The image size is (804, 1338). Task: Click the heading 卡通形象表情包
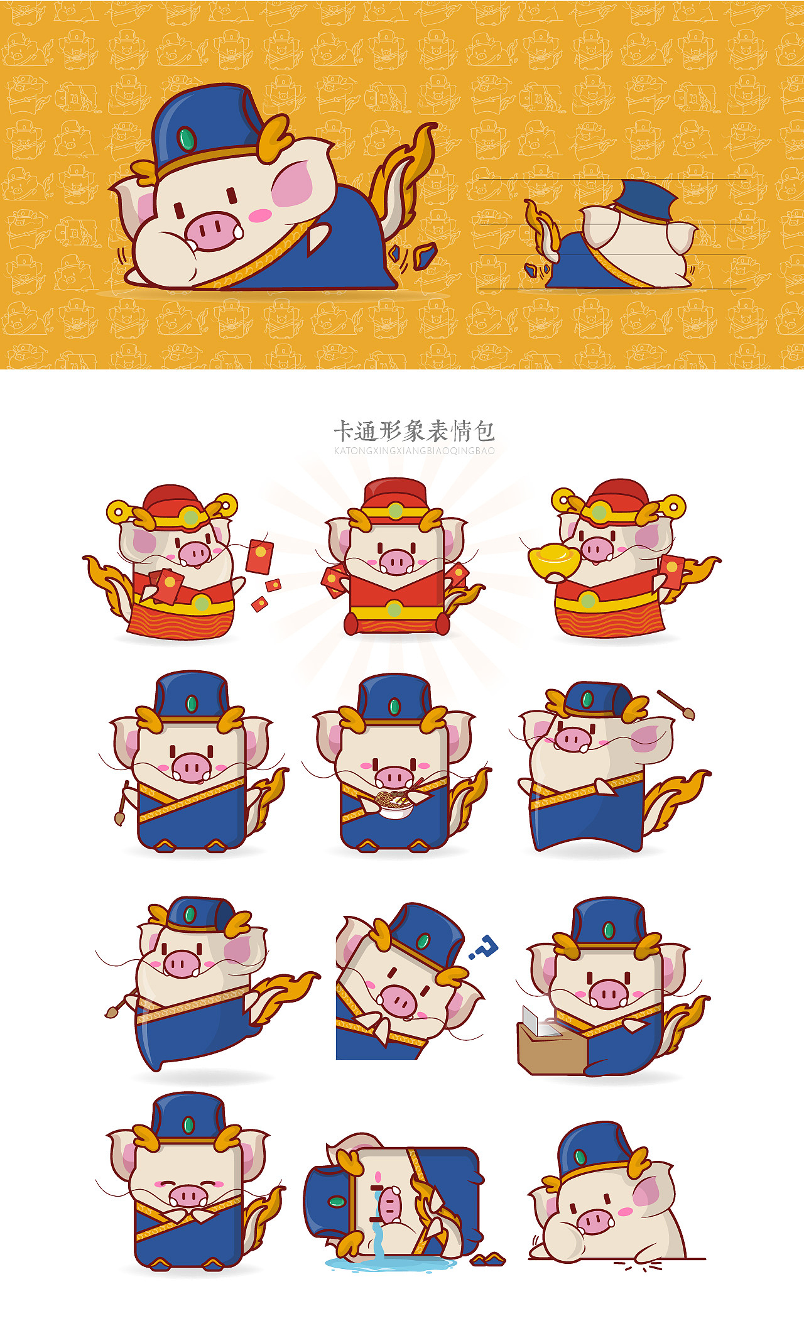(413, 432)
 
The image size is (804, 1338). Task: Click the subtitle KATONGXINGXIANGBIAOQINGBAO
(414, 451)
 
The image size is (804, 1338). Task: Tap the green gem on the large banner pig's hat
(187, 138)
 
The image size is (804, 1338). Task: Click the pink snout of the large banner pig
(214, 231)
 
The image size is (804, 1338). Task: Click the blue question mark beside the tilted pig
(485, 946)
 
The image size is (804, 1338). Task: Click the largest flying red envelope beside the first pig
(259, 557)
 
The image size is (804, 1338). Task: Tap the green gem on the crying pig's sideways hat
(337, 1202)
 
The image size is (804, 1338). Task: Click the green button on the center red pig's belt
(394, 609)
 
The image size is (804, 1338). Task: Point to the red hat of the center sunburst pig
(396, 493)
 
